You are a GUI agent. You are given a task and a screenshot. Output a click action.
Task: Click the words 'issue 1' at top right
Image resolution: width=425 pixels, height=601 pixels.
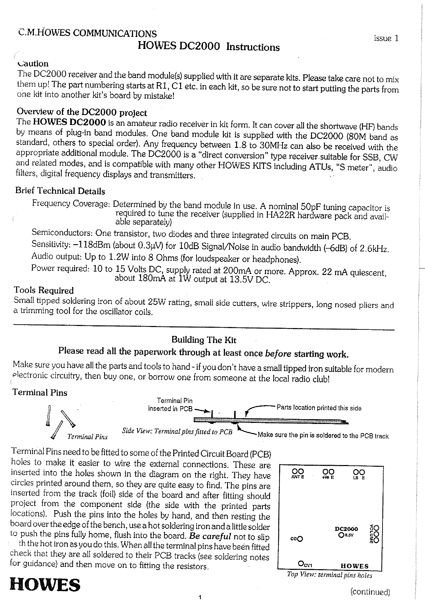pos(386,38)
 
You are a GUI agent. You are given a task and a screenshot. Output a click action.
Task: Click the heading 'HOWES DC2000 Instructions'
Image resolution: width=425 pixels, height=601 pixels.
pos(208,47)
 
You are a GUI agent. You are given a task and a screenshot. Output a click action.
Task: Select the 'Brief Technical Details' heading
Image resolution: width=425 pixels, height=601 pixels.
pos(60,191)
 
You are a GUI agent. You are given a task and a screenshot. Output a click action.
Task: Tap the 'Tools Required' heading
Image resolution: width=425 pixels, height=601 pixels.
pos(43,290)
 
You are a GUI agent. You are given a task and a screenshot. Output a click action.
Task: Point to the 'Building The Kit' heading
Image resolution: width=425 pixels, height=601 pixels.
pos(203,340)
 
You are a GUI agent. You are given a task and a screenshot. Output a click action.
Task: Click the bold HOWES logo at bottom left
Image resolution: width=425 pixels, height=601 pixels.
pos(45,585)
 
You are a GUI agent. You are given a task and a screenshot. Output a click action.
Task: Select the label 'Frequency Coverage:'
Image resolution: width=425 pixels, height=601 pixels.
pos(71,204)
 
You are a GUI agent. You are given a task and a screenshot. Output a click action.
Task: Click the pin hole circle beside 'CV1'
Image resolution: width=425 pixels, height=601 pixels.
pos(301,563)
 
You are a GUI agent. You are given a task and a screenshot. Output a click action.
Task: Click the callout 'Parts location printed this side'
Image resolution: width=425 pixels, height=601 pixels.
pos(318,408)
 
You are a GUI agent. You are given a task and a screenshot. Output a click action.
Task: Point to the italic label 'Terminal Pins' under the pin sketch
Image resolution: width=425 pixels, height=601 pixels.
pos(87,437)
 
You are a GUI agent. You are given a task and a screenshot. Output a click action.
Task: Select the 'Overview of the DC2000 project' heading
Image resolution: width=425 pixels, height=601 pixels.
pos(82,112)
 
